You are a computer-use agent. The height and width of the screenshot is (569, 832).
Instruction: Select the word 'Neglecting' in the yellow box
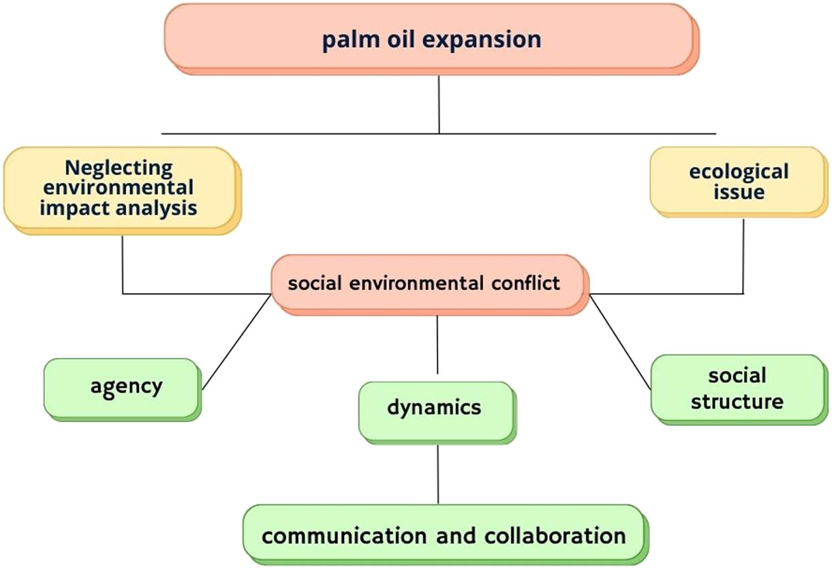coord(119,167)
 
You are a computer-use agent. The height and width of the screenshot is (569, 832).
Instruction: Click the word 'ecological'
coord(739,171)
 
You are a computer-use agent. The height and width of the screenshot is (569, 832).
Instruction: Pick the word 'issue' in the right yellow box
coord(739,192)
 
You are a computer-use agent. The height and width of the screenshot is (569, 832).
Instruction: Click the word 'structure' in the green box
coord(737,401)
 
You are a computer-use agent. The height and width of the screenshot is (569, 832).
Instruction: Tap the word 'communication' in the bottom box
coord(344,535)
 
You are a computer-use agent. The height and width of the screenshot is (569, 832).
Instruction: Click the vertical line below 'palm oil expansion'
coord(439,102)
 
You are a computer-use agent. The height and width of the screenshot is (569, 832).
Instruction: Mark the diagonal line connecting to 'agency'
coord(236,341)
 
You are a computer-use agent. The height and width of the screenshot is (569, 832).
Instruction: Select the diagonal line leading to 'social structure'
coord(619,341)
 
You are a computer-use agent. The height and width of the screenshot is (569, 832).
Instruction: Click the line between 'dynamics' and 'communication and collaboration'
coord(437,474)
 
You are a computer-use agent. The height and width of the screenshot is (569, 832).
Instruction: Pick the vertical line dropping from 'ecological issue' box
coord(743,256)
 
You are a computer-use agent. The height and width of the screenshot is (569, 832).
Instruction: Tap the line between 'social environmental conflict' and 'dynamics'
coord(437,348)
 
